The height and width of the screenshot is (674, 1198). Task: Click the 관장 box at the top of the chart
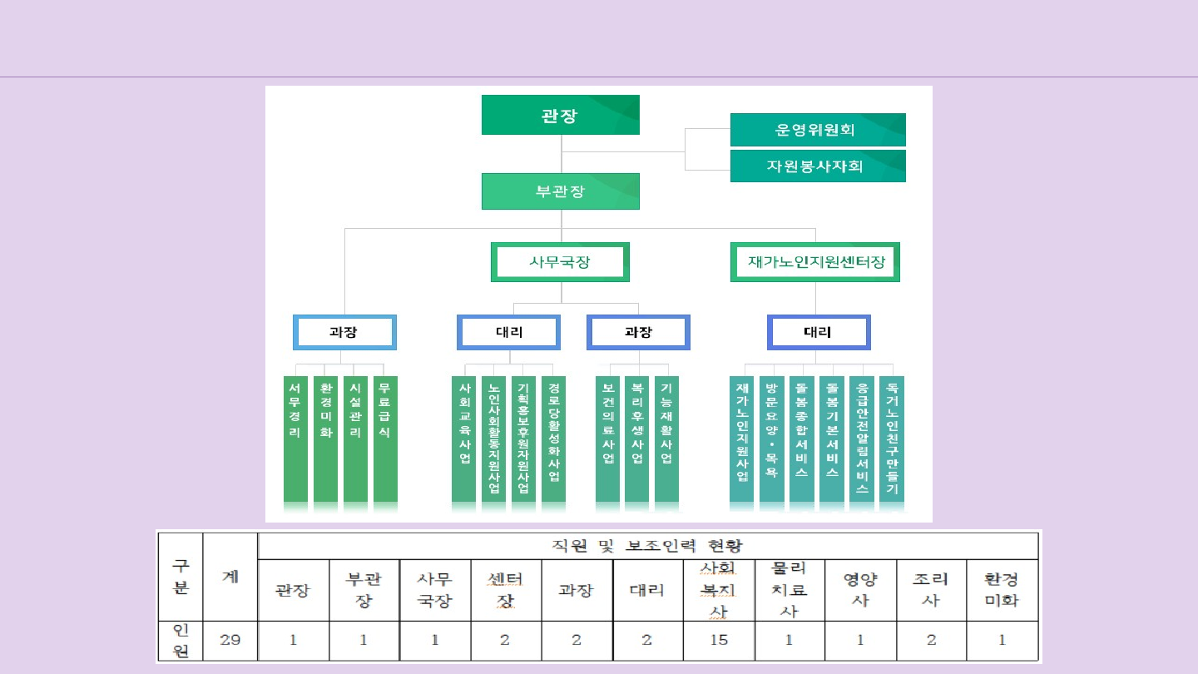(560, 115)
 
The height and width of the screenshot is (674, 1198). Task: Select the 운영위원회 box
(817, 130)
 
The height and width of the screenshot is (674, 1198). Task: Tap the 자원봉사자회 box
(817, 166)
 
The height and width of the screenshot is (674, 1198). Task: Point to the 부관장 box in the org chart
(560, 191)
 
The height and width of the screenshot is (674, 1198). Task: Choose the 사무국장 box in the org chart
(560, 262)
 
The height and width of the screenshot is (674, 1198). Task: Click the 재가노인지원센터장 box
(815, 262)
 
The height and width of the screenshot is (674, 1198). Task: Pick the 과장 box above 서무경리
(344, 332)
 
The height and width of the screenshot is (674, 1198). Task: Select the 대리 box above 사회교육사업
(508, 332)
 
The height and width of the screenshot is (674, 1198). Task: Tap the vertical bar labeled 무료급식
(384, 441)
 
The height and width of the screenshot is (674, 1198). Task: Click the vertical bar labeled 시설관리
(355, 441)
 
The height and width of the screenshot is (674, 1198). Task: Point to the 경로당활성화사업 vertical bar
(553, 441)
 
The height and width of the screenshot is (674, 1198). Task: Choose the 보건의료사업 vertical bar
(607, 441)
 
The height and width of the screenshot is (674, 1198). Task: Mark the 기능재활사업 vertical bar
(666, 441)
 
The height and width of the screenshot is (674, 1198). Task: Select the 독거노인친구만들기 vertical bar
(892, 441)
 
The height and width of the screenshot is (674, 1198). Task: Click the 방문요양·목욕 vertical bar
(771, 441)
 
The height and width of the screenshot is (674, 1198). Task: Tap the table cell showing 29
(230, 640)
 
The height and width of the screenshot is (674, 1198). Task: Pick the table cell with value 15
(719, 640)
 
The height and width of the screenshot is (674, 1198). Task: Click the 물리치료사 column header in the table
(790, 589)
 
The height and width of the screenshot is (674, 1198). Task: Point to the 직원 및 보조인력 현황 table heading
(647, 546)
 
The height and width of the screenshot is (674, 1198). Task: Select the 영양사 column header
(860, 589)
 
